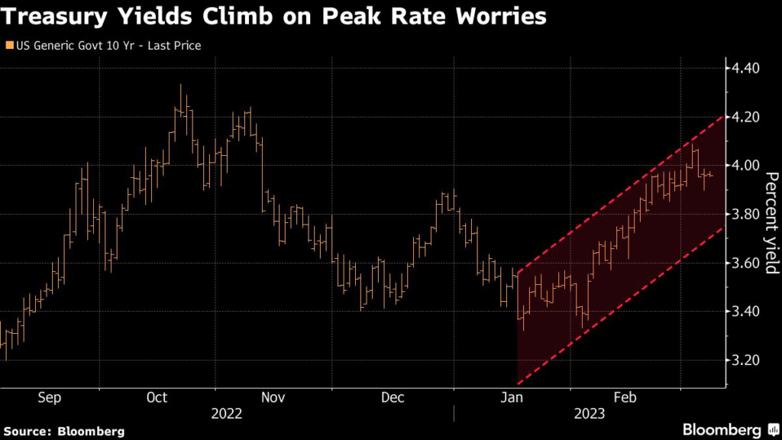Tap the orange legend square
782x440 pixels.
coord(8,46)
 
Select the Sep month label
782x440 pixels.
coord(50,397)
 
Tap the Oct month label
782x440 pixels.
coord(157,397)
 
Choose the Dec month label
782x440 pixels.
coord(392,397)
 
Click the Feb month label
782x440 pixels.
coord(625,397)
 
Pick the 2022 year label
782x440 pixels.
coord(227,414)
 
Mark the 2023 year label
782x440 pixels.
coord(590,414)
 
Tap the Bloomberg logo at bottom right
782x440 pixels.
coord(722,429)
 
